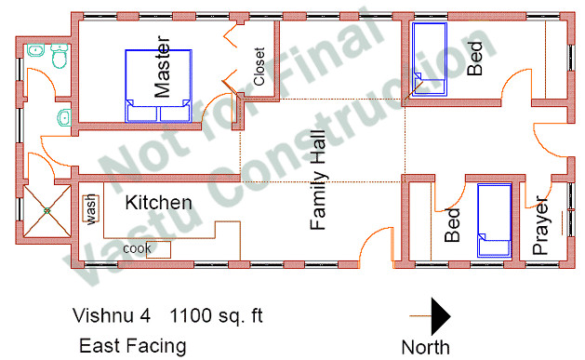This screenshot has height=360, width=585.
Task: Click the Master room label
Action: tap(163, 68)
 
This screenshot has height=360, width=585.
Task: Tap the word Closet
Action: tap(259, 67)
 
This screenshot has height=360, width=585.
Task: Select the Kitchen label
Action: tap(159, 202)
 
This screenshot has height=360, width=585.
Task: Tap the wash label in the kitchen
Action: tap(92, 208)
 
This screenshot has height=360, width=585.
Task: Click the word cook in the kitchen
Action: tap(137, 248)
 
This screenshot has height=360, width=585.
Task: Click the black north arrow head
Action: tap(440, 317)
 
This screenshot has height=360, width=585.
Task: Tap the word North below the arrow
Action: tap(426, 347)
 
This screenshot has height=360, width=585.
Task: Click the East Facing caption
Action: tap(132, 346)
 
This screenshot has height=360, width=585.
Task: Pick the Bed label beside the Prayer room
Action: tap(453, 225)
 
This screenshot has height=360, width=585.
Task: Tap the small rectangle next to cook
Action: tap(159, 249)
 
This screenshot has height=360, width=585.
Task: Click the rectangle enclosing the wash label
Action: tap(92, 208)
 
